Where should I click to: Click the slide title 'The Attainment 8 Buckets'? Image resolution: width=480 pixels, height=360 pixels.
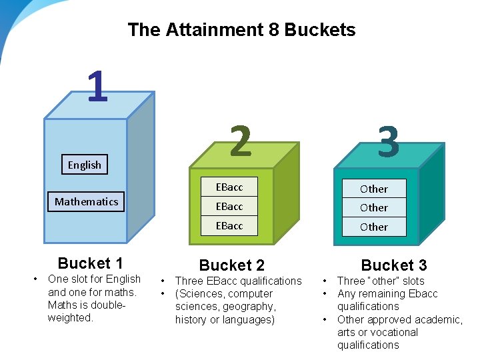coord(241,30)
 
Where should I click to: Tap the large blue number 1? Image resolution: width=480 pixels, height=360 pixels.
coord(97,87)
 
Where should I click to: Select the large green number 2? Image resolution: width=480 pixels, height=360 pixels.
coord(241,141)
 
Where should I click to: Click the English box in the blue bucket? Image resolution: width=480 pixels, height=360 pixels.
coord(85,165)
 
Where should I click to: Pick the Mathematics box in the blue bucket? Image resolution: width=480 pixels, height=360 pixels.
coord(86,201)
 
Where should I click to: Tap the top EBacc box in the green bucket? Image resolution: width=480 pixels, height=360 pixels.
coord(229,187)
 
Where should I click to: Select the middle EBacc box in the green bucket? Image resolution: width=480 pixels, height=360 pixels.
coord(229,207)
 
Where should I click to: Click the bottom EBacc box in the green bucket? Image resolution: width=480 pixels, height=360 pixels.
coord(229,226)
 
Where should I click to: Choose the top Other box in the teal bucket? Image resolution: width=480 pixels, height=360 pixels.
coord(373,189)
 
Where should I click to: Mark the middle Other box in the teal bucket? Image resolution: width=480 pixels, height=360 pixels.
coord(373,207)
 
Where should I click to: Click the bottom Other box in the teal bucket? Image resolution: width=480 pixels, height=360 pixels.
coord(373,227)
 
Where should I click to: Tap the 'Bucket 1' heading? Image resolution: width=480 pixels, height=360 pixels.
coord(91,263)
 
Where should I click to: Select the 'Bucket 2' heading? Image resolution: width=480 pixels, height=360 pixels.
coord(232,265)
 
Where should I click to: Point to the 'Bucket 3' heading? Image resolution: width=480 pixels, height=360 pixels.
coord(394,265)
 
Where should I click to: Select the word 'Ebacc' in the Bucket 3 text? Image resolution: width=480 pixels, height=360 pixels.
coord(424,293)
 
